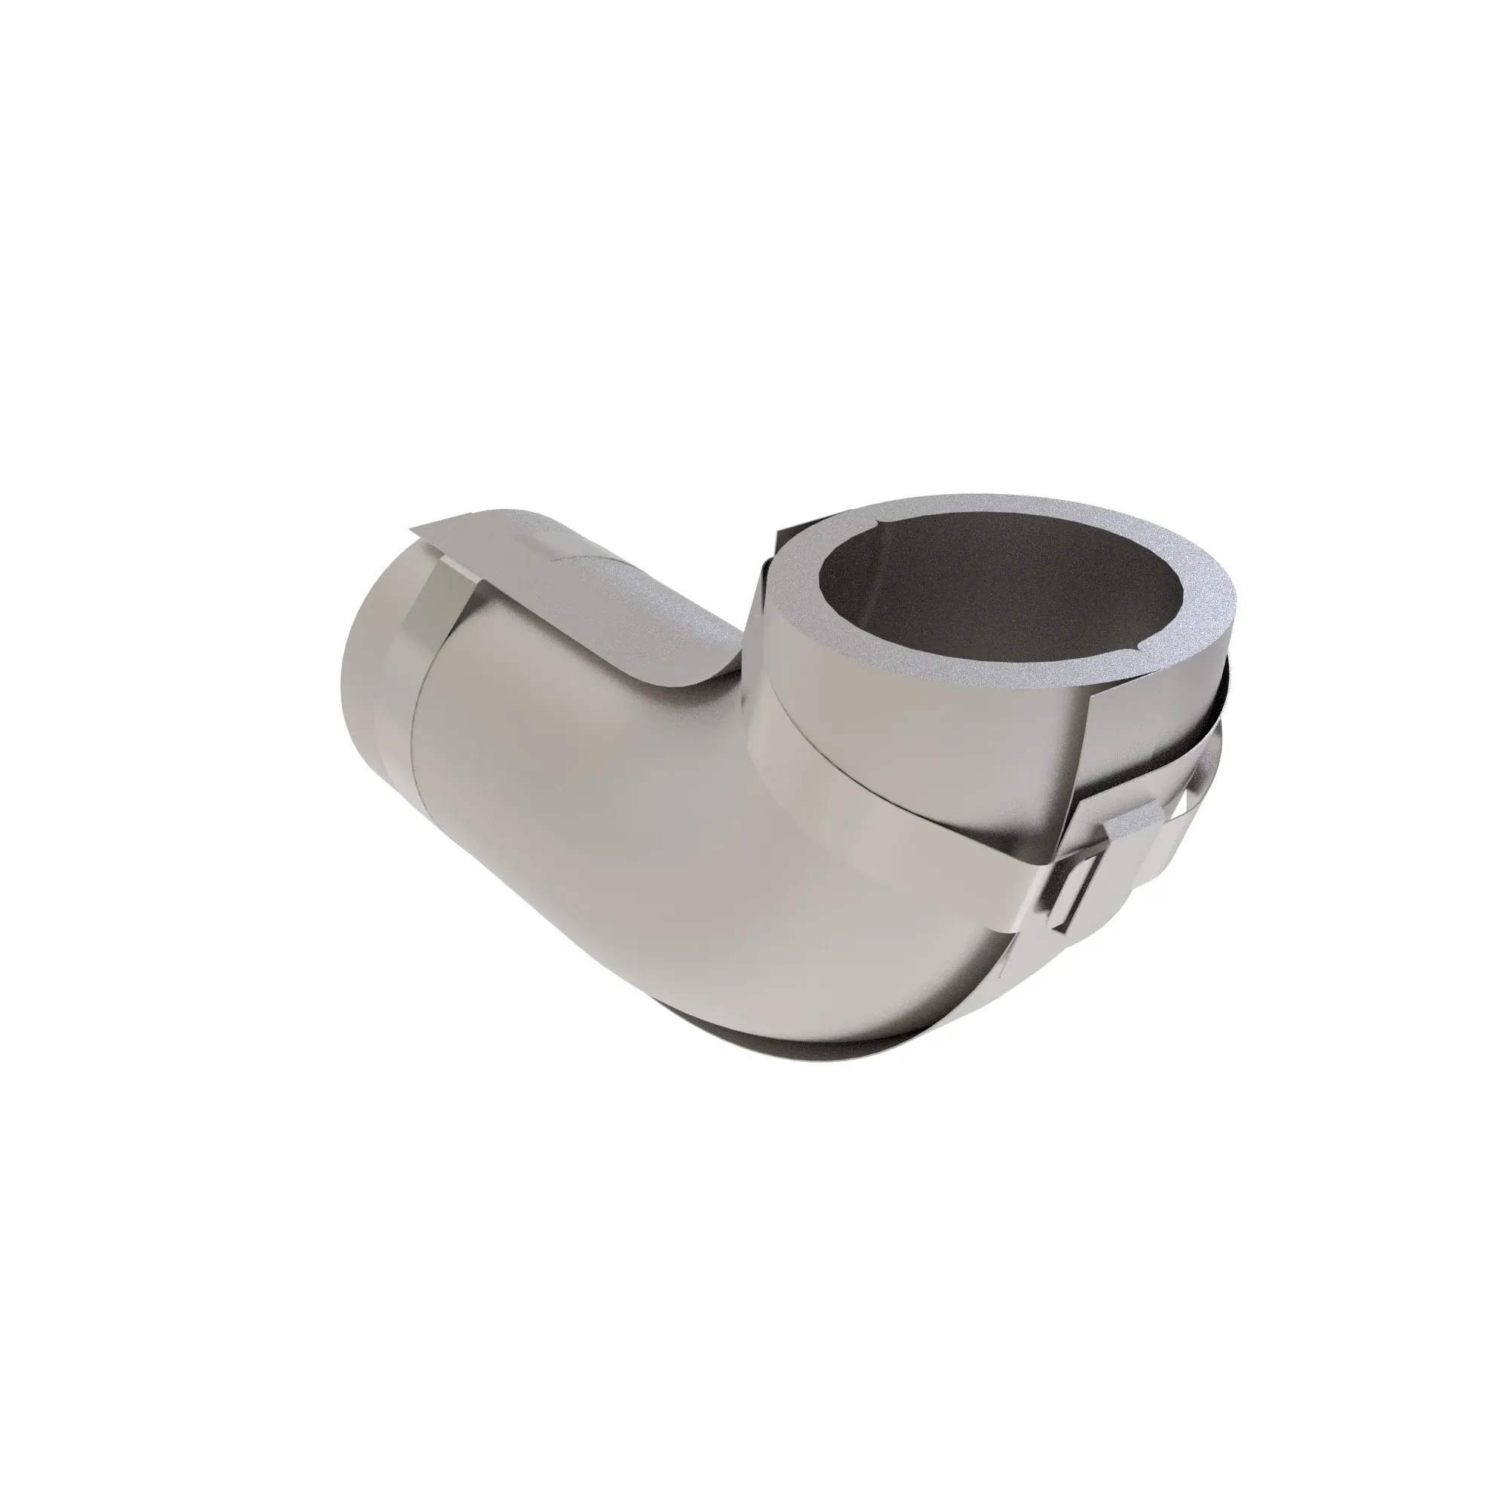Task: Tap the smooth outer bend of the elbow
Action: coord(663,858)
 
